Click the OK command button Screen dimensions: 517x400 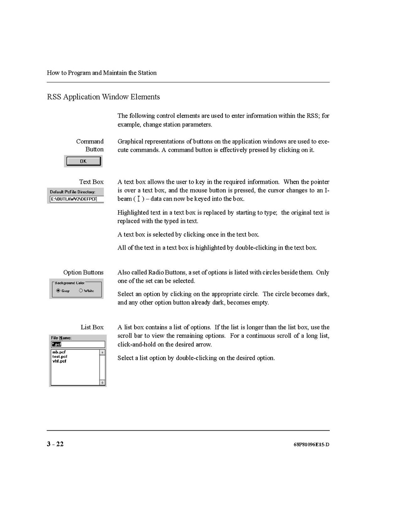pos(83,161)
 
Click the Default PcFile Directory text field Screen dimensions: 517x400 pos(76,199)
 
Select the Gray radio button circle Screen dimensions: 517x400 pos(58,291)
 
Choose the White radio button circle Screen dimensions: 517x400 pos(81,291)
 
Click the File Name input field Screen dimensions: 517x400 pos(78,344)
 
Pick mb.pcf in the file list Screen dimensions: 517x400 pos(59,352)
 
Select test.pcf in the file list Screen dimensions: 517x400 pos(60,357)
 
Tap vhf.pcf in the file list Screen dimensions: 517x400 pos(59,361)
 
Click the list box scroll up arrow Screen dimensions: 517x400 pos(102,353)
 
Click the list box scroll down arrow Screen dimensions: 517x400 pos(102,383)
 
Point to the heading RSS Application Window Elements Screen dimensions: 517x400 pos(103,97)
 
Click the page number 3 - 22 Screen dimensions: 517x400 pos(55,444)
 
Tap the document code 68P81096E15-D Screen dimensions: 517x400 pos(311,444)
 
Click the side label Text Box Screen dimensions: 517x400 pos(91,182)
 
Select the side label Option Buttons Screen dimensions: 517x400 pos(83,273)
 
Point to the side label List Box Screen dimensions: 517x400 pos(92,327)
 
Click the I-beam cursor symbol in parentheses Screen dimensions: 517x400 pos(139,199)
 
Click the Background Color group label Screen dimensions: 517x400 pos(69,283)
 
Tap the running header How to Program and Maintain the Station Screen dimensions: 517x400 pos(102,73)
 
